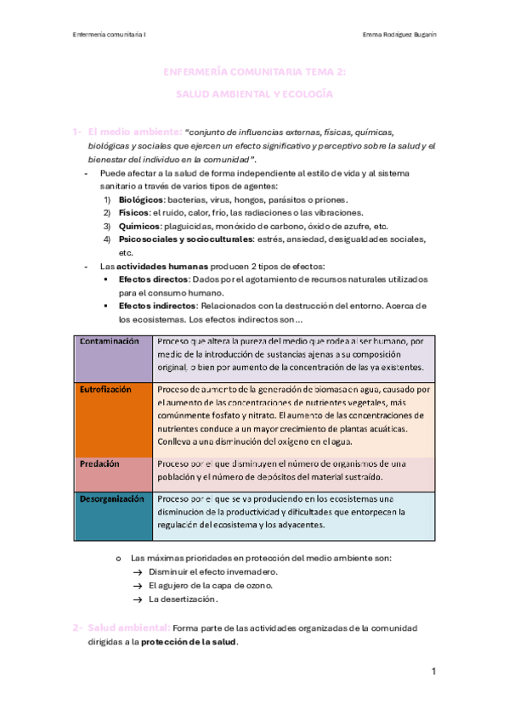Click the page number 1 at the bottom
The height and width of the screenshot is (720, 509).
433,672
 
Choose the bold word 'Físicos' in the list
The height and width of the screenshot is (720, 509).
134,212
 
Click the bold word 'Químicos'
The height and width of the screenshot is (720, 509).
139,226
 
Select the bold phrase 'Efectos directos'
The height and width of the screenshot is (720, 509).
154,279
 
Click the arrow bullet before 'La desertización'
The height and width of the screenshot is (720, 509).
136,599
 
